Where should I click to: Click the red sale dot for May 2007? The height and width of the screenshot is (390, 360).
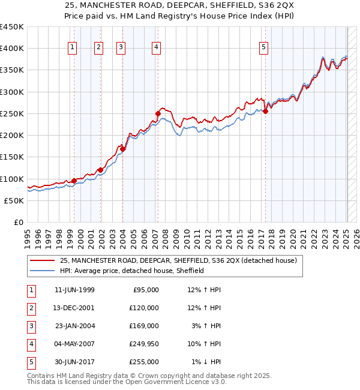tap(158, 113)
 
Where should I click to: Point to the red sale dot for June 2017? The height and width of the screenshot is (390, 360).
tap(266, 111)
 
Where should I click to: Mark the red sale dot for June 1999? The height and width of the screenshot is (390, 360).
tap(74, 181)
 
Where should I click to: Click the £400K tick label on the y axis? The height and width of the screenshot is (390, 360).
tap(12, 49)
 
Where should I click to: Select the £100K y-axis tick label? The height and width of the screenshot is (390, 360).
tap(12, 179)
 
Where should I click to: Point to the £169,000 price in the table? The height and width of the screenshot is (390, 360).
tap(145, 326)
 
